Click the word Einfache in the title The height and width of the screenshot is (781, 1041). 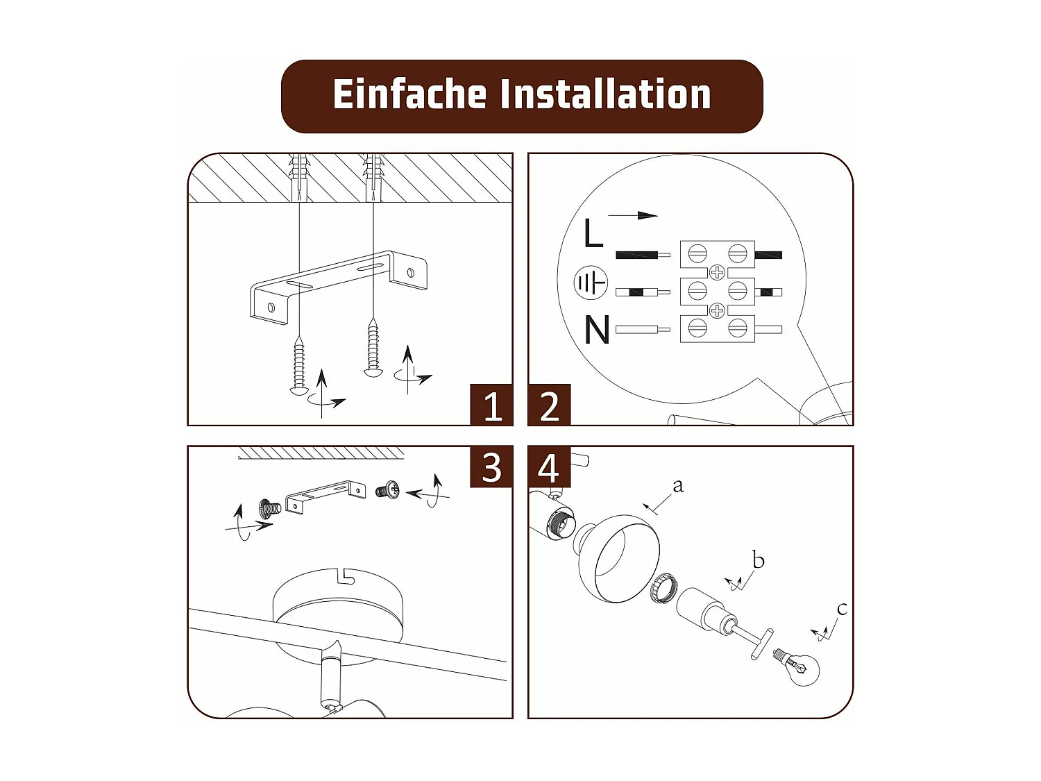(x=409, y=95)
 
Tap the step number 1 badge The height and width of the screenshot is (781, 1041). (x=492, y=405)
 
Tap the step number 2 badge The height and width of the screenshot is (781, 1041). (x=549, y=405)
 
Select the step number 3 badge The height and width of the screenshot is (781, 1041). (x=492, y=467)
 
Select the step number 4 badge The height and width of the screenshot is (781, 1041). (x=549, y=467)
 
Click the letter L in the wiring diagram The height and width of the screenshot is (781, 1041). (x=593, y=233)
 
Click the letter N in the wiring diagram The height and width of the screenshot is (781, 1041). (x=596, y=330)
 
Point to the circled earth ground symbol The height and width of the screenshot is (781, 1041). (x=591, y=283)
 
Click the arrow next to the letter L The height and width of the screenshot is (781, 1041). (x=633, y=215)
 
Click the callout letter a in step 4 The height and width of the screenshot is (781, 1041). (x=678, y=486)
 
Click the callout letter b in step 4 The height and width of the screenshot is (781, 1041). (x=758, y=560)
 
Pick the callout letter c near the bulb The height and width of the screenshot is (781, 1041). (x=842, y=609)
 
